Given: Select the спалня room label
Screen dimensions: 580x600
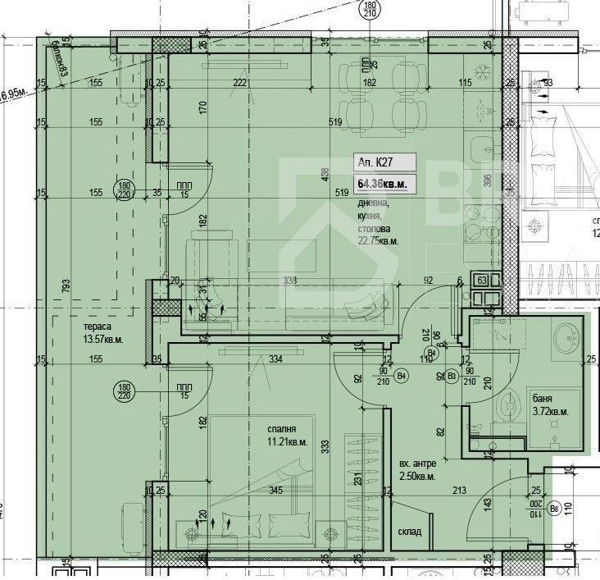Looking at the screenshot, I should [x=281, y=428].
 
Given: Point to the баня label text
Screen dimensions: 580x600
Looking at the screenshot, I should [x=541, y=397].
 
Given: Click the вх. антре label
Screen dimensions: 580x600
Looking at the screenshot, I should [x=416, y=463].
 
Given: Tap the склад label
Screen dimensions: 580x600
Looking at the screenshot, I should [x=410, y=532].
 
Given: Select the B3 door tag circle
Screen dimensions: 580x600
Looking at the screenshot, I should [x=452, y=376].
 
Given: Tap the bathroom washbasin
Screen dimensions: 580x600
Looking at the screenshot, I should [x=566, y=336].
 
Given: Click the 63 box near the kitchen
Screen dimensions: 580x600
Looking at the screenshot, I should [x=481, y=280].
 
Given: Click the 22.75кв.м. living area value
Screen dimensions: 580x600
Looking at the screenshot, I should [x=378, y=242].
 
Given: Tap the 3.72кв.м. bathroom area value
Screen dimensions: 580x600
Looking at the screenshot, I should [x=550, y=411].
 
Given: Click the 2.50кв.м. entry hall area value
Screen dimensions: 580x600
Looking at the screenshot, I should [x=417, y=477].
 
